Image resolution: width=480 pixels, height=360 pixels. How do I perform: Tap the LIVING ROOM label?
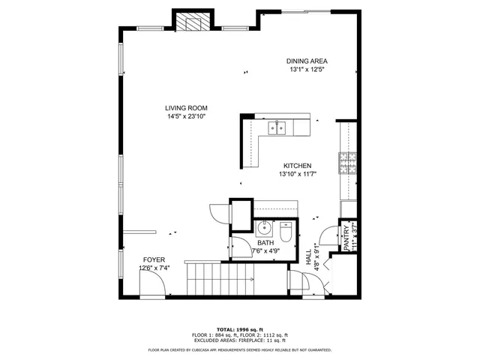click(x=187, y=108)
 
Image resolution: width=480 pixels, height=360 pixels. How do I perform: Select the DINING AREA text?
click(x=307, y=61)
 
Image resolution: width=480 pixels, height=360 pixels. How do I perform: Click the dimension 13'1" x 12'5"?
click(x=307, y=70)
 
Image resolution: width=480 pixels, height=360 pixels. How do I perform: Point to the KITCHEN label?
click(x=297, y=166)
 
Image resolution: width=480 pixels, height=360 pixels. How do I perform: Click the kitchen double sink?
click(x=276, y=128)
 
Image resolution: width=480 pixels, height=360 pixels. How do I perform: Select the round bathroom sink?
click(x=264, y=227)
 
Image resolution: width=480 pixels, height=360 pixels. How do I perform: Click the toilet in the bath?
click(x=286, y=232)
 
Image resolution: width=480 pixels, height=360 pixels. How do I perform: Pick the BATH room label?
click(x=265, y=243)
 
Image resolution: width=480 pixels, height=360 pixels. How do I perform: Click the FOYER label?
click(x=154, y=259)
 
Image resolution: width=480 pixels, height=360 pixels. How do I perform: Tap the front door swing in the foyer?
click(x=151, y=283)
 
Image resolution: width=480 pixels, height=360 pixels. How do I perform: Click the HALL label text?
click(x=308, y=256)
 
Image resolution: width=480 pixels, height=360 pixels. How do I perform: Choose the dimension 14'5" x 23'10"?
click(x=187, y=116)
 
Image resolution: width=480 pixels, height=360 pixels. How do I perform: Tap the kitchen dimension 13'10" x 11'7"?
click(x=297, y=174)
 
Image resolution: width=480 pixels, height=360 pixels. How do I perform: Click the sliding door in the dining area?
click(x=306, y=11)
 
